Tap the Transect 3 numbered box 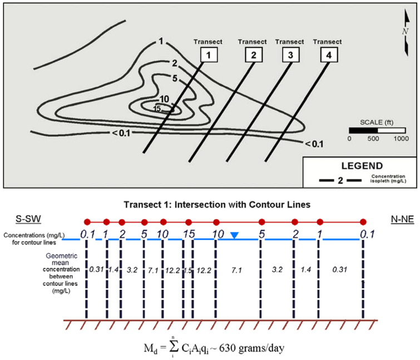coord(289,55)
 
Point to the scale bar coord(377,130)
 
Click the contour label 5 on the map coord(175,78)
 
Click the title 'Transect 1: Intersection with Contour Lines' coord(211,204)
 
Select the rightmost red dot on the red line coord(363,221)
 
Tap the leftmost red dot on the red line coord(86,221)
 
